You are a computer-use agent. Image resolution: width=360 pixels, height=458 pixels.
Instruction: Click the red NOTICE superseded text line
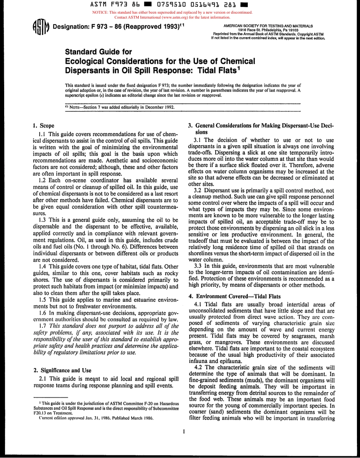[x=172, y=13]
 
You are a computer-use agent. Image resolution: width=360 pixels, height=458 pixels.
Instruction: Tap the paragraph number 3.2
[x=199, y=191]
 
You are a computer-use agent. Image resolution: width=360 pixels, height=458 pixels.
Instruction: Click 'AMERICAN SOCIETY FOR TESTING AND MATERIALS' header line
[x=268, y=26]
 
